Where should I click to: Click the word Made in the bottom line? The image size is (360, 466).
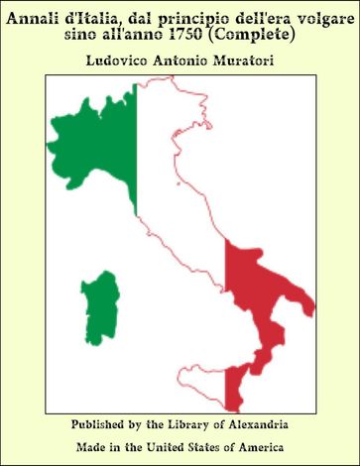pyautogui.click(x=92, y=447)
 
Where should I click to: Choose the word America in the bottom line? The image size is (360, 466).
pyautogui.click(x=262, y=447)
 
